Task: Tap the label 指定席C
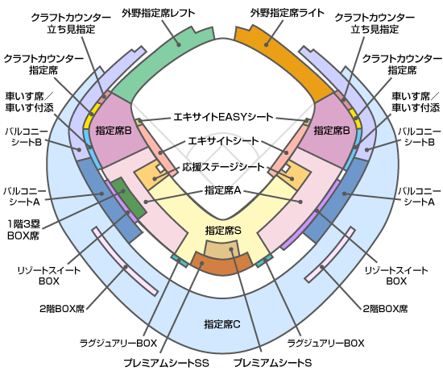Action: coord(222,323)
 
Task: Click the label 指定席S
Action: coord(223,231)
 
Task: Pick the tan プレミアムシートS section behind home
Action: coord(221,249)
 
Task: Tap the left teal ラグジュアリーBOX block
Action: coord(180,261)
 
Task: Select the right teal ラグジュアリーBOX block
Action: coord(265,261)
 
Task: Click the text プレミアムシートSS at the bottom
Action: coord(166,362)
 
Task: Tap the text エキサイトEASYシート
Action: coord(223,117)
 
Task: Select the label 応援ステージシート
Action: coord(223,167)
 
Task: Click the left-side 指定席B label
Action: coord(114,131)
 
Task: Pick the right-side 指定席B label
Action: coord(332,131)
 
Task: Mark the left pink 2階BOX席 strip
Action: coord(125,261)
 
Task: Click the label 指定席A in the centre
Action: coord(223,190)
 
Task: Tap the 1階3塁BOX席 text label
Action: coord(23,230)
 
